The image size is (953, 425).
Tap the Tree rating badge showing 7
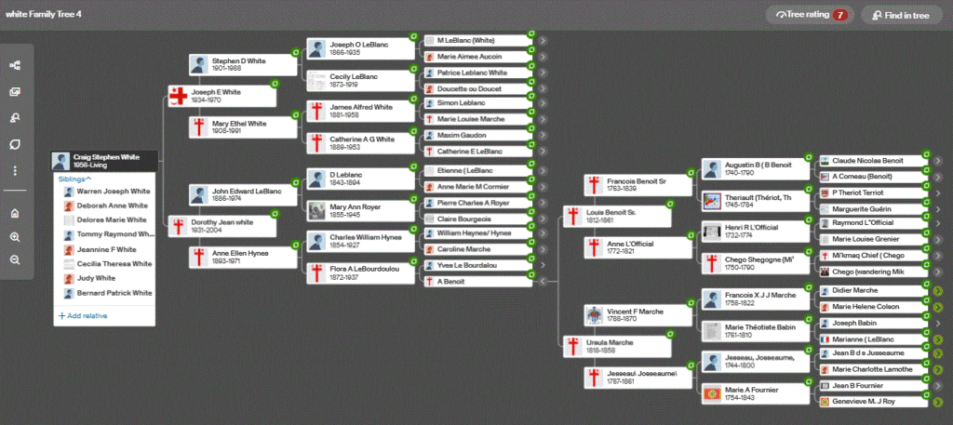click(x=809, y=15)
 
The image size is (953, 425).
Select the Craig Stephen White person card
click(x=105, y=161)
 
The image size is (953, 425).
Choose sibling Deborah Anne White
click(x=112, y=206)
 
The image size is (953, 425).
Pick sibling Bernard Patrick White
click(x=114, y=293)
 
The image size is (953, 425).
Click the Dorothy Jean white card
click(x=223, y=226)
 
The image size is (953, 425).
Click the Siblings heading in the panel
click(x=74, y=178)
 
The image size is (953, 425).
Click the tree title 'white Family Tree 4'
click(x=46, y=14)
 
